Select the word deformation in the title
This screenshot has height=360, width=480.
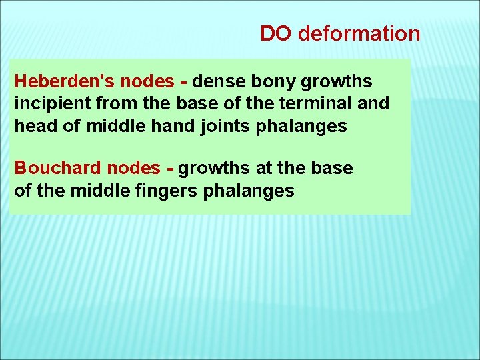(359, 33)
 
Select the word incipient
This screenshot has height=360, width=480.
(45, 104)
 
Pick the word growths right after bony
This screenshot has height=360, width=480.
(337, 81)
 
